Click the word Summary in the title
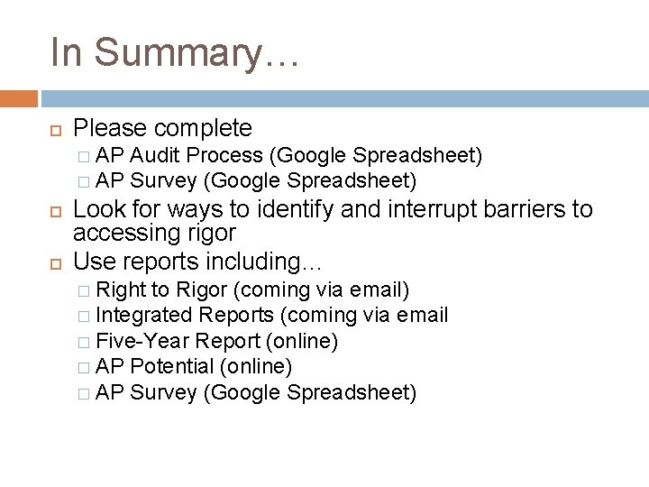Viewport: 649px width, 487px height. point(192,52)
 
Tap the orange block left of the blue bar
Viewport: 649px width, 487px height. point(19,97)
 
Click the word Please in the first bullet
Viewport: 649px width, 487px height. point(107,128)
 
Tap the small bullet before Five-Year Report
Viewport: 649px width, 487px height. point(84,343)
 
